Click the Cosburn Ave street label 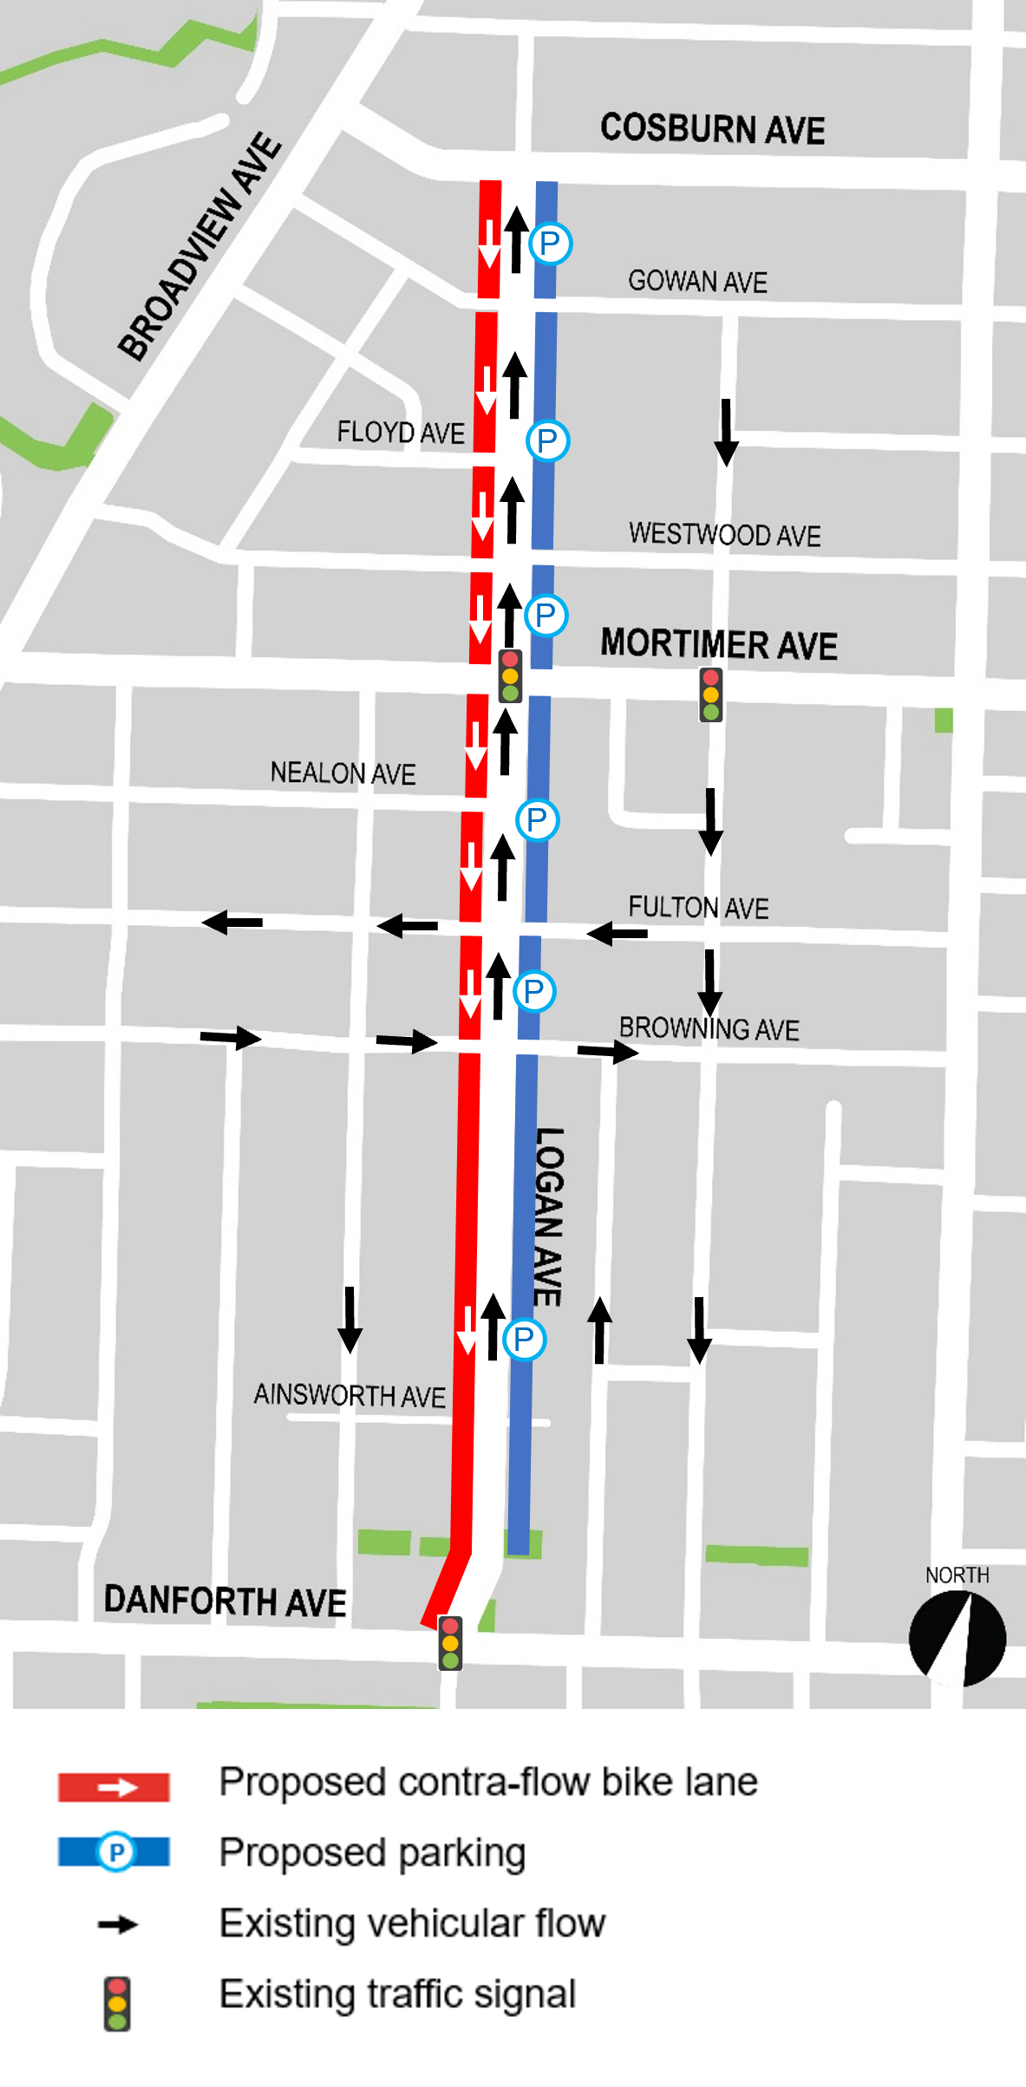coord(712,129)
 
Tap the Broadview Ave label coord(200,246)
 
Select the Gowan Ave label coord(697,282)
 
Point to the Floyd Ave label coord(401,432)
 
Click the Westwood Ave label coord(724,534)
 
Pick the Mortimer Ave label coord(718,645)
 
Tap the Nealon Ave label coord(343,773)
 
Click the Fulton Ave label coord(698,908)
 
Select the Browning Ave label coord(709,1028)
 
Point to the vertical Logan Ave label coord(549,1216)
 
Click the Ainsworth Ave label coord(350,1395)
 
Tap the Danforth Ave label coord(225,1601)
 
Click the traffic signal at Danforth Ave coord(450,1643)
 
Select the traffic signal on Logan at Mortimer coord(510,675)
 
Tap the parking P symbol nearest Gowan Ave coord(551,244)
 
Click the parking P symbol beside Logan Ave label coord(524,1339)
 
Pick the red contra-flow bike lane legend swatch coord(114,1787)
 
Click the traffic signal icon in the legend coord(117,2003)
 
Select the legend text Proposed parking coord(372,1853)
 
